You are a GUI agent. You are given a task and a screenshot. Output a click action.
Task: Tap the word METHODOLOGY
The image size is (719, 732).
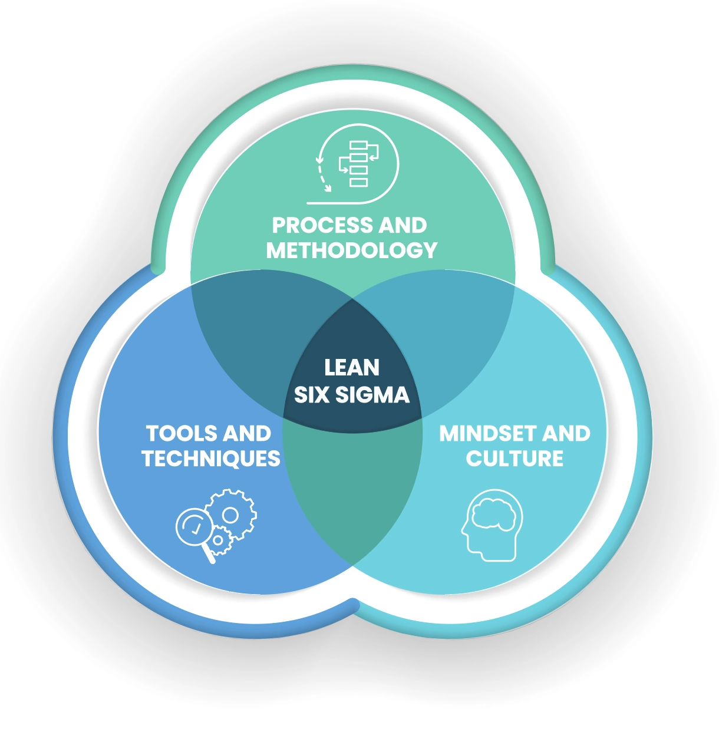coord(352,250)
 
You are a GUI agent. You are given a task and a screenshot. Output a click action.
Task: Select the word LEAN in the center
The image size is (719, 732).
coord(352,368)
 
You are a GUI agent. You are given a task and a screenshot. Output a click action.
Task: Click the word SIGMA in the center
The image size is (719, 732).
coord(372,394)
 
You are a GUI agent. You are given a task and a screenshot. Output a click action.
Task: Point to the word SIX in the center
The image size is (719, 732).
coord(312,394)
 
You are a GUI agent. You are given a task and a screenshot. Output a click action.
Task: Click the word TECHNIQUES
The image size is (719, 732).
coord(211,459)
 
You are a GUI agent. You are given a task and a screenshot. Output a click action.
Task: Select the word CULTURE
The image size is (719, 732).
coord(514,459)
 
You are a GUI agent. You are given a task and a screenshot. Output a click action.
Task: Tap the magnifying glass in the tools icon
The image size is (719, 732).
coord(193,525)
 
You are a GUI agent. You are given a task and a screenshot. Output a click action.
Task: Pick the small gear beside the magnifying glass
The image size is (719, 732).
coord(219,540)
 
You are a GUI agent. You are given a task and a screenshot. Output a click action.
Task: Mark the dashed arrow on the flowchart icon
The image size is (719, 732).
coord(322,174)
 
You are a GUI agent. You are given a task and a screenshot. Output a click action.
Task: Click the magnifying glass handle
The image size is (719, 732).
coord(208,555)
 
